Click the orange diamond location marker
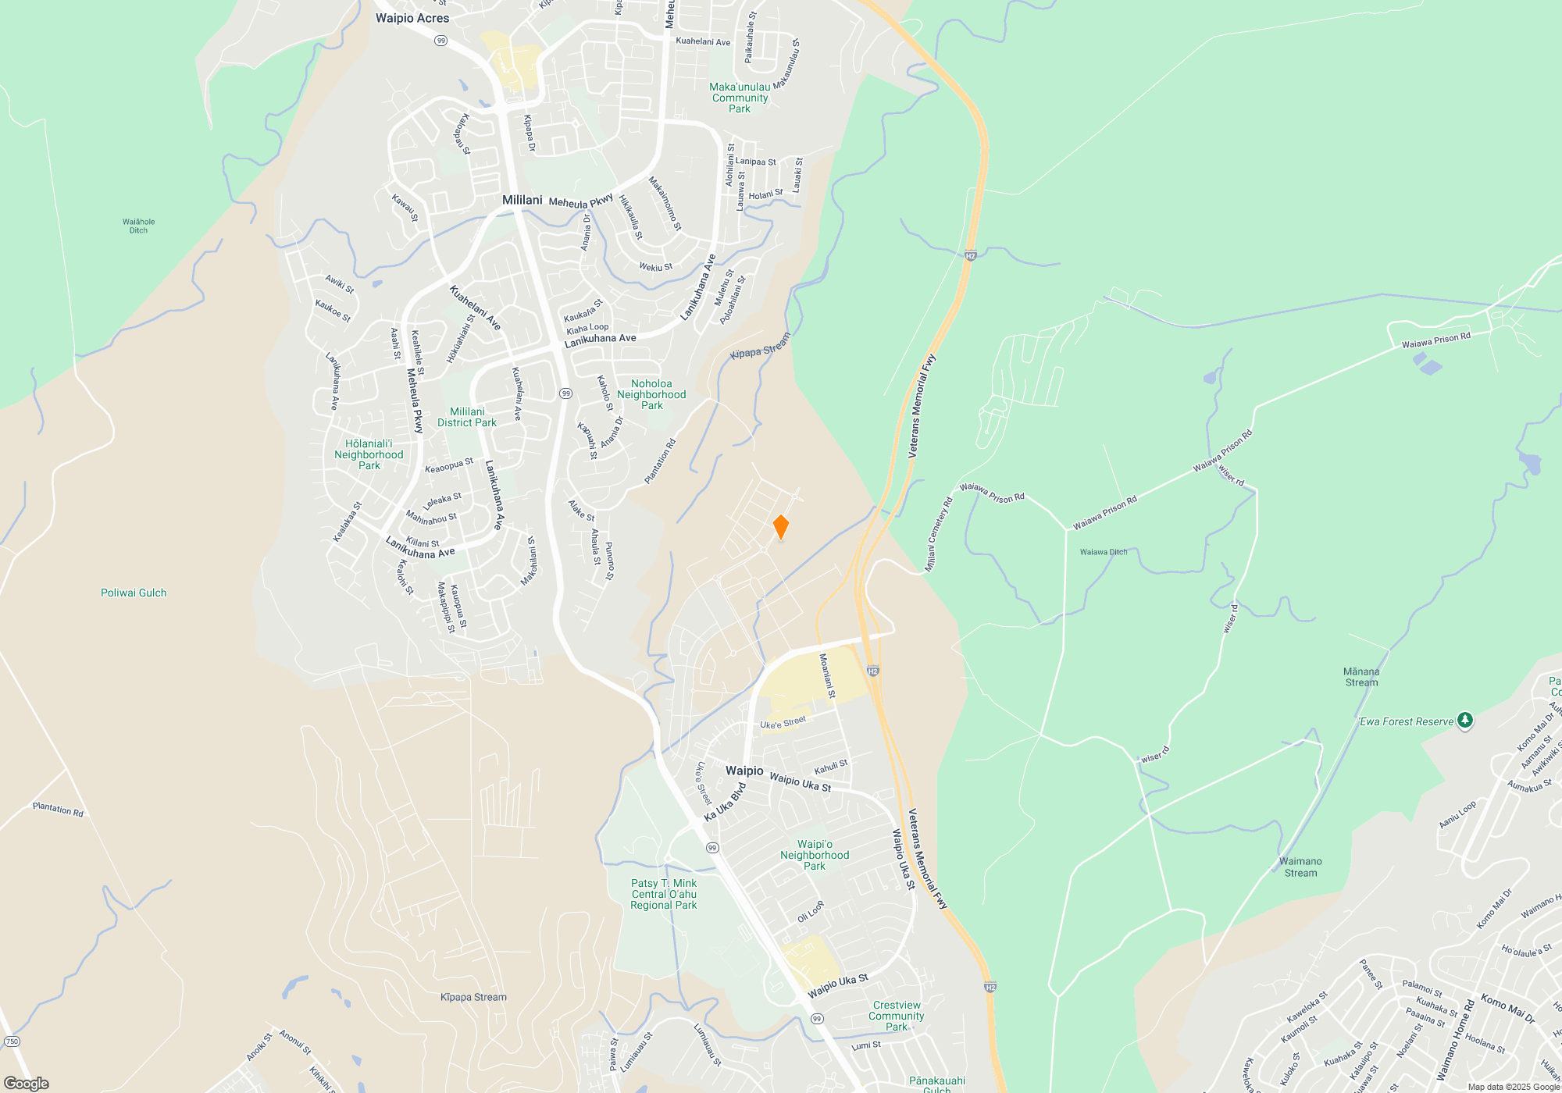tap(780, 527)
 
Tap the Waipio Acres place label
tap(412, 18)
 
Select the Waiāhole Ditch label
tap(138, 226)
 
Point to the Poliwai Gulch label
tap(134, 593)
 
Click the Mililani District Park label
tap(467, 417)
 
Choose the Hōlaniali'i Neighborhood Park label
tap(369, 454)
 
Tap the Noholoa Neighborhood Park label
tap(651, 394)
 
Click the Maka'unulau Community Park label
tap(740, 98)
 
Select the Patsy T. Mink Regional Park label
tap(664, 894)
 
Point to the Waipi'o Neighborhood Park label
tap(815, 855)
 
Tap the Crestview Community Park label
tap(897, 1016)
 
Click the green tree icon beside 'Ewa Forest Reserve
tap(1465, 720)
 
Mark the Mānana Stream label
tap(1361, 677)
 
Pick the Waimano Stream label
tap(1300, 867)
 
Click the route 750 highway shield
tap(12, 1041)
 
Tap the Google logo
tap(26, 1084)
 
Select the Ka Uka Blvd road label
tap(725, 803)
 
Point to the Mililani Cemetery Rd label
tap(939, 535)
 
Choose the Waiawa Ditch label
tap(1104, 552)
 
